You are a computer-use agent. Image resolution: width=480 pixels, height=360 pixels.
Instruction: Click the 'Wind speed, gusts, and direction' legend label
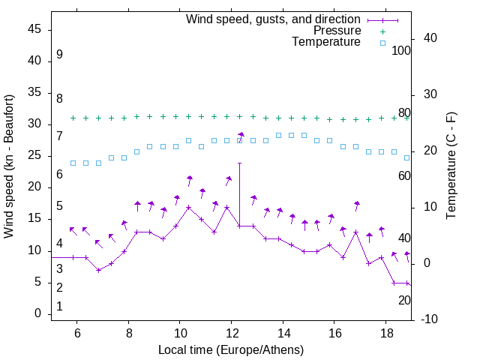click(273, 19)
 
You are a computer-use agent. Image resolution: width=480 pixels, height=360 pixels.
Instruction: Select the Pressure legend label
click(337, 31)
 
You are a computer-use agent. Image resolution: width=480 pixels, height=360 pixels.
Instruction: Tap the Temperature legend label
click(326, 42)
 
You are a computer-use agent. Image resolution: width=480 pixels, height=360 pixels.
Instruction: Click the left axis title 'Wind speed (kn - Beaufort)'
click(9, 166)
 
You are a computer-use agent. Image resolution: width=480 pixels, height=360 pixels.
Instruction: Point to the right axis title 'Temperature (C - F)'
click(451, 166)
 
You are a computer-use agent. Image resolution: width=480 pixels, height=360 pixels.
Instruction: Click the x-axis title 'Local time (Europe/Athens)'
click(231, 349)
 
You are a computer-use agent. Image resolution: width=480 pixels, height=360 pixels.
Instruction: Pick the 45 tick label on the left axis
click(34, 30)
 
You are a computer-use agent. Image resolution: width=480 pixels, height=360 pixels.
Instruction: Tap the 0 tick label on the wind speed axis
click(37, 313)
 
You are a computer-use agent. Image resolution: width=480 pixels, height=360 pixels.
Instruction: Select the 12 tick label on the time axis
click(231, 333)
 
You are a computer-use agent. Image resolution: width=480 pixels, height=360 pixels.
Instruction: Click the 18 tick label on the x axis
click(385, 333)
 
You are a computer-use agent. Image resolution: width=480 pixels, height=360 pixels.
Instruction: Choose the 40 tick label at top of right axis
click(431, 38)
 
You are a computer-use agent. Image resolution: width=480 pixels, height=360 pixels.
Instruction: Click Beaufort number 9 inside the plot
click(59, 55)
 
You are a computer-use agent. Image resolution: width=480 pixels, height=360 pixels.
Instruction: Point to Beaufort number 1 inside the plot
click(59, 306)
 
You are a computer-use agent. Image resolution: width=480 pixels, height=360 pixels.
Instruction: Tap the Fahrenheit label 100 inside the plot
click(401, 51)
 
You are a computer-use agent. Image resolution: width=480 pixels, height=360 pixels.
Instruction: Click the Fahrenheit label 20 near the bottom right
click(404, 300)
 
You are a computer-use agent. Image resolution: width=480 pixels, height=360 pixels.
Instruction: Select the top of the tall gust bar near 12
click(239, 163)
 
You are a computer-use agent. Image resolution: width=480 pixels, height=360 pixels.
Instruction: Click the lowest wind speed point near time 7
click(98, 270)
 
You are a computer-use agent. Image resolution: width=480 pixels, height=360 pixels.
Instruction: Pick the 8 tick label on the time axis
click(128, 333)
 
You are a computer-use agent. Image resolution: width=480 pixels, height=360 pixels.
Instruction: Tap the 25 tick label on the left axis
click(34, 156)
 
